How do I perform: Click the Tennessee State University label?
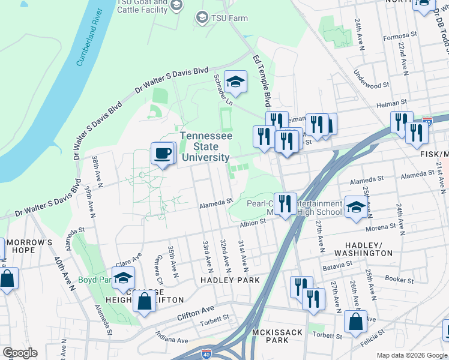coord(205,146)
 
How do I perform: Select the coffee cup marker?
coord(163,154)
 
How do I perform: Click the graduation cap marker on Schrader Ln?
coord(236,82)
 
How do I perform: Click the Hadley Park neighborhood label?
coord(230,280)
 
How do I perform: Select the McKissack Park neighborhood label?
coord(271,335)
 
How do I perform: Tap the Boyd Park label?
coord(94,280)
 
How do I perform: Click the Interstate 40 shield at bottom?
coord(206,355)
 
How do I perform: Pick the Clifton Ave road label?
coord(196,313)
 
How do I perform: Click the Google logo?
coord(20,353)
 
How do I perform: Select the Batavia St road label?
coord(336,265)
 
